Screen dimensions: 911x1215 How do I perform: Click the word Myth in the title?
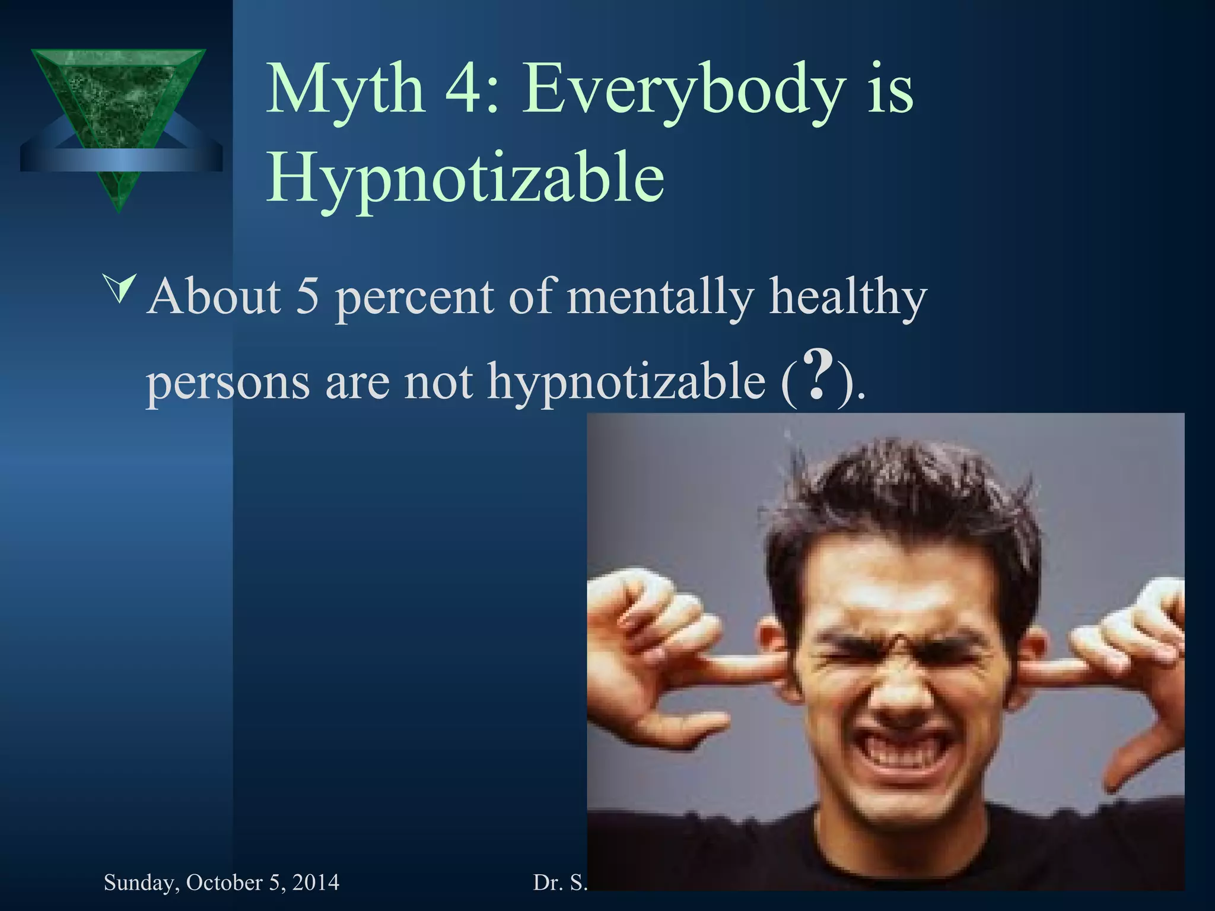pyautogui.click(x=345, y=90)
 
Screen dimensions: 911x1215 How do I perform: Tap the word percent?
pyautogui.click(x=414, y=298)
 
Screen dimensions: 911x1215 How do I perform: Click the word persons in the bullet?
pyautogui.click(x=228, y=383)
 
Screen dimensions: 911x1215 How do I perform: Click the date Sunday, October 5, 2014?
pyautogui.click(x=221, y=883)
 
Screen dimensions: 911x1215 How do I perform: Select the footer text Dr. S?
pyautogui.click(x=559, y=883)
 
